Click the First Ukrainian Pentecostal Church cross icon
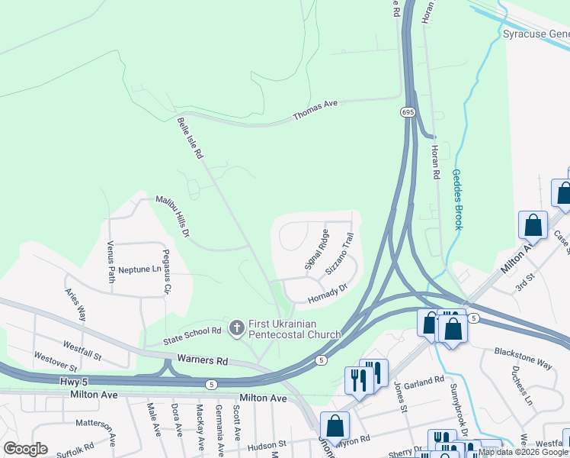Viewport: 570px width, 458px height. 237,327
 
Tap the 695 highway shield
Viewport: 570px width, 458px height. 408,112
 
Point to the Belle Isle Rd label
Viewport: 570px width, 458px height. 191,137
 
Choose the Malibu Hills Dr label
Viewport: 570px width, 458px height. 172,216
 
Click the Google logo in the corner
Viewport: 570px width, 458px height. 25,449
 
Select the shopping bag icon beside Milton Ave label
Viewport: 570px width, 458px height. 533,224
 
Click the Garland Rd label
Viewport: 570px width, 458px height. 425,381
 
